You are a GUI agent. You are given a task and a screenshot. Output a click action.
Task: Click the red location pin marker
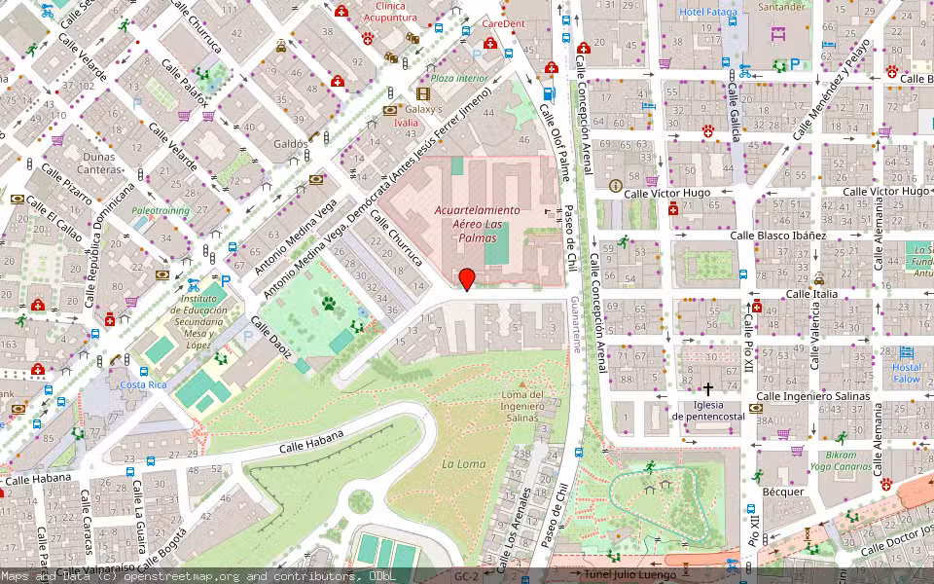[x=467, y=278]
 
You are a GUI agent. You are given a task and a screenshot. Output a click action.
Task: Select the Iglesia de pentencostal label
[x=707, y=410]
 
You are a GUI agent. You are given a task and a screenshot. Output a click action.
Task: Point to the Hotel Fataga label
[x=708, y=12]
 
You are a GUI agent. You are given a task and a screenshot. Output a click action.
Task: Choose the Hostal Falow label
[x=906, y=373]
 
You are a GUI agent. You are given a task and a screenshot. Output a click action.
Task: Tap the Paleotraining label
[x=161, y=209]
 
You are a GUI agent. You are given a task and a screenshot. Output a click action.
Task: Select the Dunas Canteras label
[x=98, y=163]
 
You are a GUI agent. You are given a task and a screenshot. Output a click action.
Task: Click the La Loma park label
[x=463, y=464]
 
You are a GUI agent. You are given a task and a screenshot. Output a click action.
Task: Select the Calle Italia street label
[x=810, y=293]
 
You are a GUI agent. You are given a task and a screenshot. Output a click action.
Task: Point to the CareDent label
[x=503, y=22]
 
